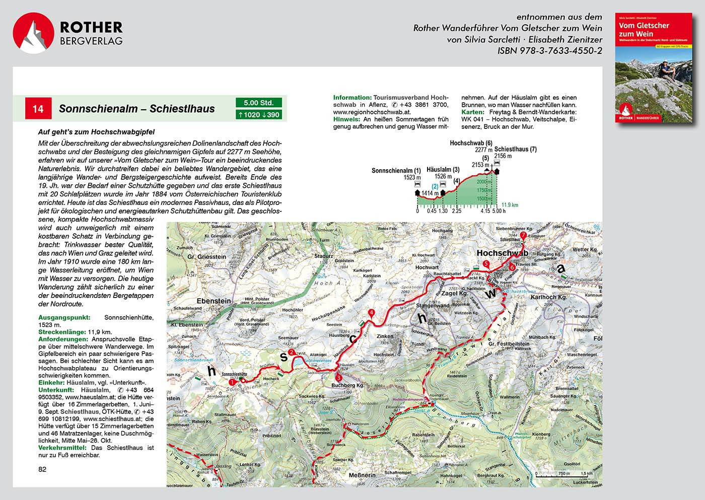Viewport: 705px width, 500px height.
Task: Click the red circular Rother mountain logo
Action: (x=33, y=33)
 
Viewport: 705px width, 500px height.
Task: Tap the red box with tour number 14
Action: (x=38, y=109)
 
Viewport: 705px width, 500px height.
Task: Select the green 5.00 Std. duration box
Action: (x=259, y=103)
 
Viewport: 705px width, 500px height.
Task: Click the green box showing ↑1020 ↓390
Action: (x=259, y=115)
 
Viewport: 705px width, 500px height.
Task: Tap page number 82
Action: (x=42, y=469)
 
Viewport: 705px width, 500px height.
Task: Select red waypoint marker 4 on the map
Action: (x=372, y=313)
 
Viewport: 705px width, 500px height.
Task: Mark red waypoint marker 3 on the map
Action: (x=339, y=378)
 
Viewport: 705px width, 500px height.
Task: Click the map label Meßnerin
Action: (x=362, y=475)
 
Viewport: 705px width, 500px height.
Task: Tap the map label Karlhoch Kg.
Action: (x=548, y=297)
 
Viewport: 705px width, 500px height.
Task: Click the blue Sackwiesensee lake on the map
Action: (x=298, y=362)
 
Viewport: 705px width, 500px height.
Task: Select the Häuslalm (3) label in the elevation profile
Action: (x=443, y=170)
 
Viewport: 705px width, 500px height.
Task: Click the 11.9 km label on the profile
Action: (x=510, y=205)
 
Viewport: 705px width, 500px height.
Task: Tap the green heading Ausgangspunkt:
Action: (x=64, y=318)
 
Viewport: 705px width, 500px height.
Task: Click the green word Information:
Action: (x=352, y=98)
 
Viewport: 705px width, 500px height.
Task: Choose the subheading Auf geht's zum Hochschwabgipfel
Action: (x=96, y=132)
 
